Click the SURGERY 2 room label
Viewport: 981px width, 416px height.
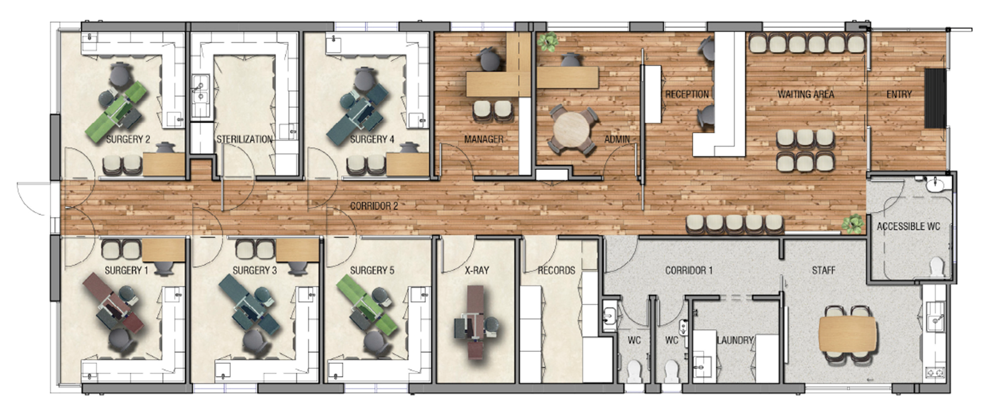pyautogui.click(x=128, y=139)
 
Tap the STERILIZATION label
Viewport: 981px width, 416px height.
pyautogui.click(x=244, y=139)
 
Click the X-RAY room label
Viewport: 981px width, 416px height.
pyautogui.click(x=477, y=271)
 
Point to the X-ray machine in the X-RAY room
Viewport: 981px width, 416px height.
pyautogui.click(x=472, y=322)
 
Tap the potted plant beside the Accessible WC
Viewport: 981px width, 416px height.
pyautogui.click(x=853, y=223)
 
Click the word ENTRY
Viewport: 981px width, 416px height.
pyautogui.click(x=899, y=95)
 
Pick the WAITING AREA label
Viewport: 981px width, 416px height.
pyautogui.click(x=806, y=95)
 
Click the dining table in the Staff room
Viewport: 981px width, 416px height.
pyautogui.click(x=848, y=335)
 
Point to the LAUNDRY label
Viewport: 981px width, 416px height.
pyautogui.click(x=735, y=340)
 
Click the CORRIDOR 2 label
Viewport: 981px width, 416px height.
pyautogui.click(x=374, y=206)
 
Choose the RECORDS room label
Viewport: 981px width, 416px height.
pyautogui.click(x=556, y=271)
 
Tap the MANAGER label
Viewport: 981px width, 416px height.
pyautogui.click(x=484, y=139)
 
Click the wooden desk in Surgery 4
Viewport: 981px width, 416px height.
pyautogui.click(x=407, y=164)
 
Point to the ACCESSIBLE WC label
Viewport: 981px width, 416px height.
pyautogui.click(x=908, y=226)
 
